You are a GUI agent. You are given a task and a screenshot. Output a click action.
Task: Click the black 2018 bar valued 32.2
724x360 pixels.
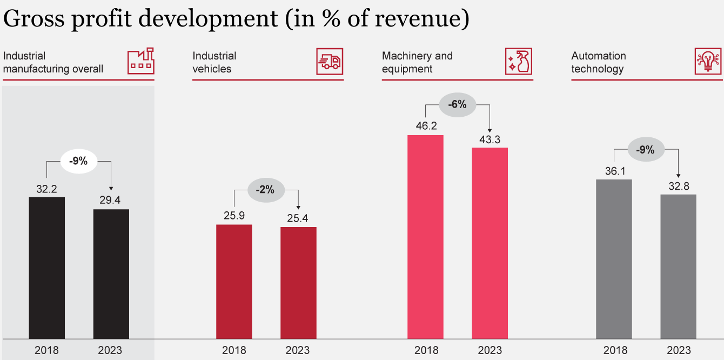pos(46,268)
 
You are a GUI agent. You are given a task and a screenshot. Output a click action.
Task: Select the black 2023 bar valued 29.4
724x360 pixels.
pos(111,274)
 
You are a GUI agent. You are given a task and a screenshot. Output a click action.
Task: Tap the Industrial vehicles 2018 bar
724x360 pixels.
pos(234,282)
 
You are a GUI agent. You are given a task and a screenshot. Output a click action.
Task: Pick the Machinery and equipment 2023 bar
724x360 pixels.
pos(490,243)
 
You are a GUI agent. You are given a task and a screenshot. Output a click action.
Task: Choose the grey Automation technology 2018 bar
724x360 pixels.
pos(614,259)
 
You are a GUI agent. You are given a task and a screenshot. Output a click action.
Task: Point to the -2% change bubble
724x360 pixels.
pos(266,190)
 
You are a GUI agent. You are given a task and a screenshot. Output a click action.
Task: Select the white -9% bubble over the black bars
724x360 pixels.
pos(79,161)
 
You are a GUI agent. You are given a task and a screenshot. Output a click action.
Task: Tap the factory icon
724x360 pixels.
pos(140,61)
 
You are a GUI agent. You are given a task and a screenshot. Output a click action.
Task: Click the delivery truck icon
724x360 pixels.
pos(330,62)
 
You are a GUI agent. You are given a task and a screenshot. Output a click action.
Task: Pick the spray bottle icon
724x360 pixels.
pos(519,61)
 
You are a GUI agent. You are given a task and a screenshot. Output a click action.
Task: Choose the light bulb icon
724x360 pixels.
pos(708,61)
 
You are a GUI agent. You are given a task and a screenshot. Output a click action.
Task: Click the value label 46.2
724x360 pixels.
pos(425,126)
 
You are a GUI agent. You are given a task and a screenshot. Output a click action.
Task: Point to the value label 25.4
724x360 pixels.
pos(298,218)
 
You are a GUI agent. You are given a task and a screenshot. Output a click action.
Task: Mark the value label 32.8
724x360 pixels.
pos(679,185)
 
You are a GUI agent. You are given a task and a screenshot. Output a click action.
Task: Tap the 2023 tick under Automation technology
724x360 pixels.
pos(679,350)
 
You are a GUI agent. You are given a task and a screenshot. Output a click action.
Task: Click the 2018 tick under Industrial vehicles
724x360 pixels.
pos(234,350)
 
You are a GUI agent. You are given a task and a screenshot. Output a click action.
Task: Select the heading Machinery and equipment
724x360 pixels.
pos(417,62)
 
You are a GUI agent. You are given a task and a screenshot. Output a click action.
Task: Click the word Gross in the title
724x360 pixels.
pos(37,19)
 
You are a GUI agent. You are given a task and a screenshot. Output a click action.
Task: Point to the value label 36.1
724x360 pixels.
pos(614,171)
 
